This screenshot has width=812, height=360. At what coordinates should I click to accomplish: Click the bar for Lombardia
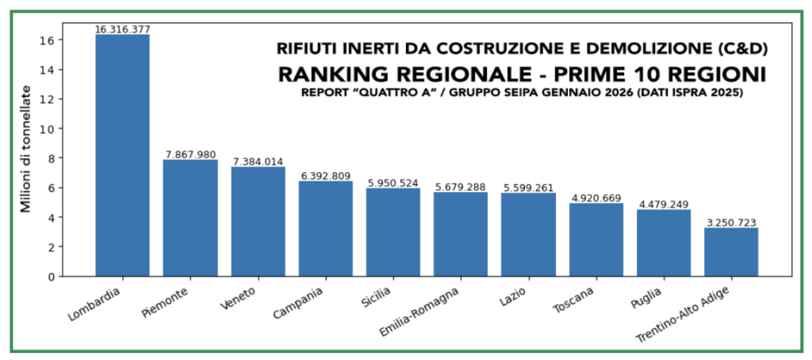(122, 155)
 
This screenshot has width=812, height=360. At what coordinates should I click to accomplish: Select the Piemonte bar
(190, 218)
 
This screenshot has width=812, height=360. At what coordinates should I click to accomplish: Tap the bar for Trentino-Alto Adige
(731, 252)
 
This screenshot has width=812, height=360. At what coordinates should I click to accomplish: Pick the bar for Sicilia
(393, 232)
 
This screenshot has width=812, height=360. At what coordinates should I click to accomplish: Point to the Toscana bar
(596, 239)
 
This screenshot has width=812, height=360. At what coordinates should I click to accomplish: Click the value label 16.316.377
(122, 29)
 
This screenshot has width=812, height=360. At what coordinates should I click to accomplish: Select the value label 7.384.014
(258, 162)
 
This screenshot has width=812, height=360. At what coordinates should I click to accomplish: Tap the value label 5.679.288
(461, 187)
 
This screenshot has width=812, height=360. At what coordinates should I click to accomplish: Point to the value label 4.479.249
(664, 205)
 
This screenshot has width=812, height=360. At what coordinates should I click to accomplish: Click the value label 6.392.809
(325, 176)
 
